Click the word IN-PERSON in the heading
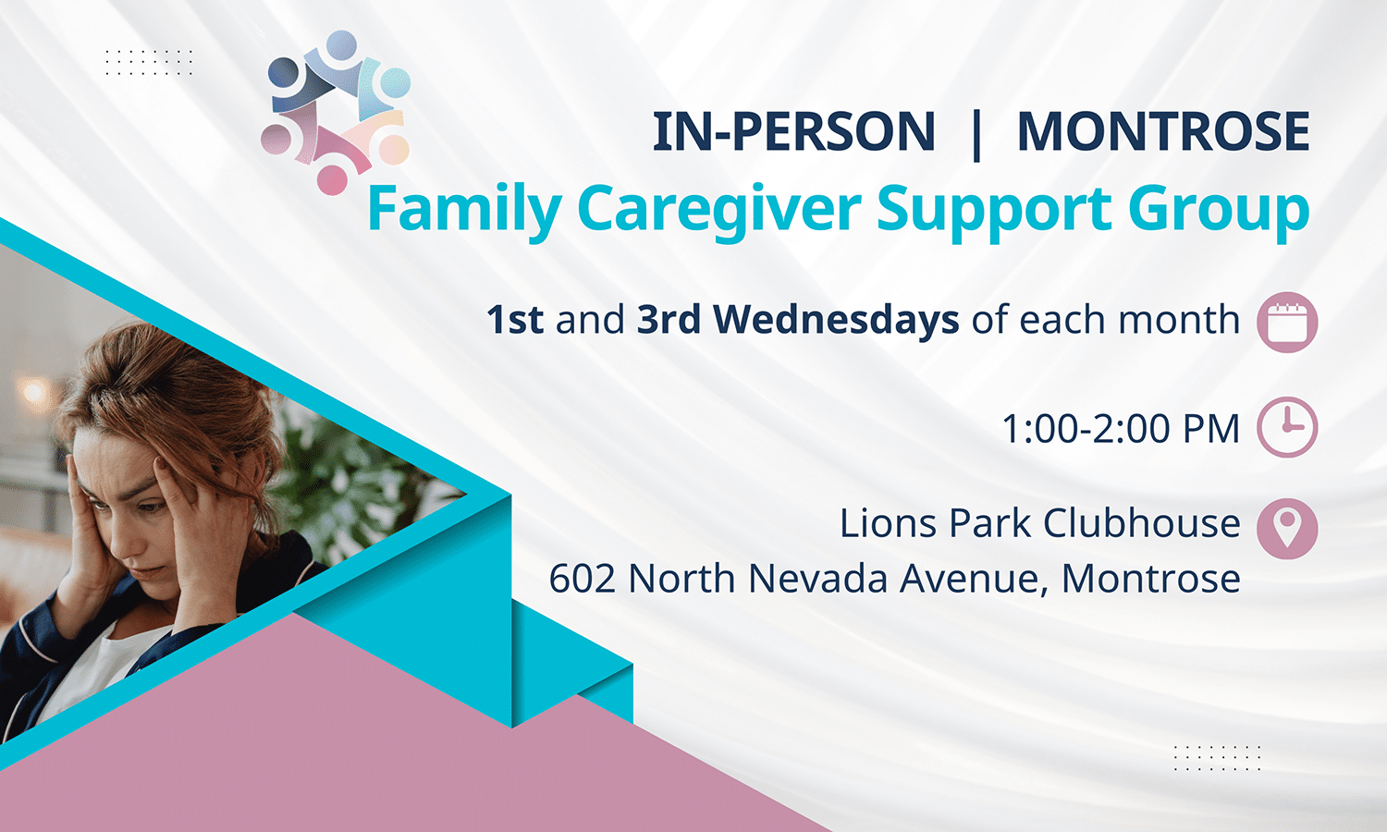(x=793, y=131)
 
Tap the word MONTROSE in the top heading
(x=1163, y=131)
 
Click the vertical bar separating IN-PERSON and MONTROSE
(x=976, y=134)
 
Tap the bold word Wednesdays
(x=837, y=320)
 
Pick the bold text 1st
(x=514, y=320)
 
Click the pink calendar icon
(x=1287, y=322)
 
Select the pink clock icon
(x=1287, y=427)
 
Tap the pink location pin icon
(x=1287, y=529)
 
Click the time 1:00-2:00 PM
(x=1122, y=428)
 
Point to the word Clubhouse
(x=1142, y=523)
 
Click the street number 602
(x=582, y=579)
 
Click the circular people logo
(x=336, y=113)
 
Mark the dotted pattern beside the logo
(x=149, y=63)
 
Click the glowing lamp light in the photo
(x=34, y=392)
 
